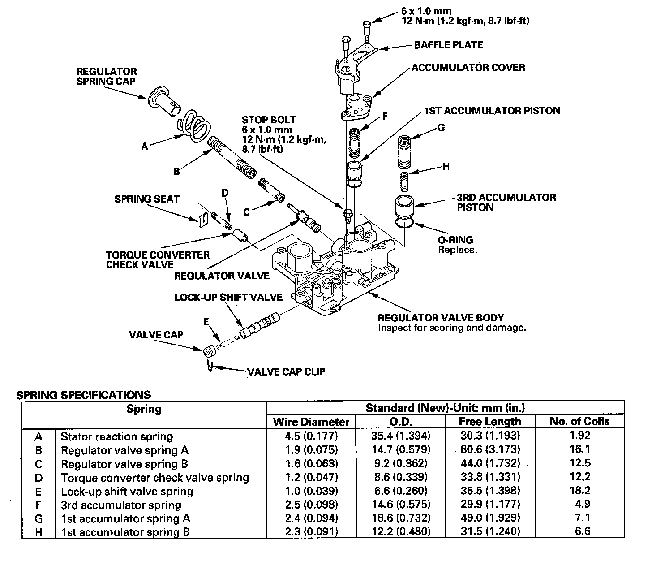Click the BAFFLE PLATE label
pos(448,45)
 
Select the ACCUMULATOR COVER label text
pos(468,68)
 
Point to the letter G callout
pos(441,128)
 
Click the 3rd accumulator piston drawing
pos(405,207)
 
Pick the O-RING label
pos(455,240)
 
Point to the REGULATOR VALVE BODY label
pos(441,318)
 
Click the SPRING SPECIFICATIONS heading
pos(83,395)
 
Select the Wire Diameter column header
pos(311,422)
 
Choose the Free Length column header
pos(490,422)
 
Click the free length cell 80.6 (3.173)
pos(490,449)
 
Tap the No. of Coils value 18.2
pos(580,491)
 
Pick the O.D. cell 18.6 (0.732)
pos(401,518)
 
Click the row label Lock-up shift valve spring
pos(127,492)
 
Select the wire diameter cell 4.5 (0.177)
pos(311,436)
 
